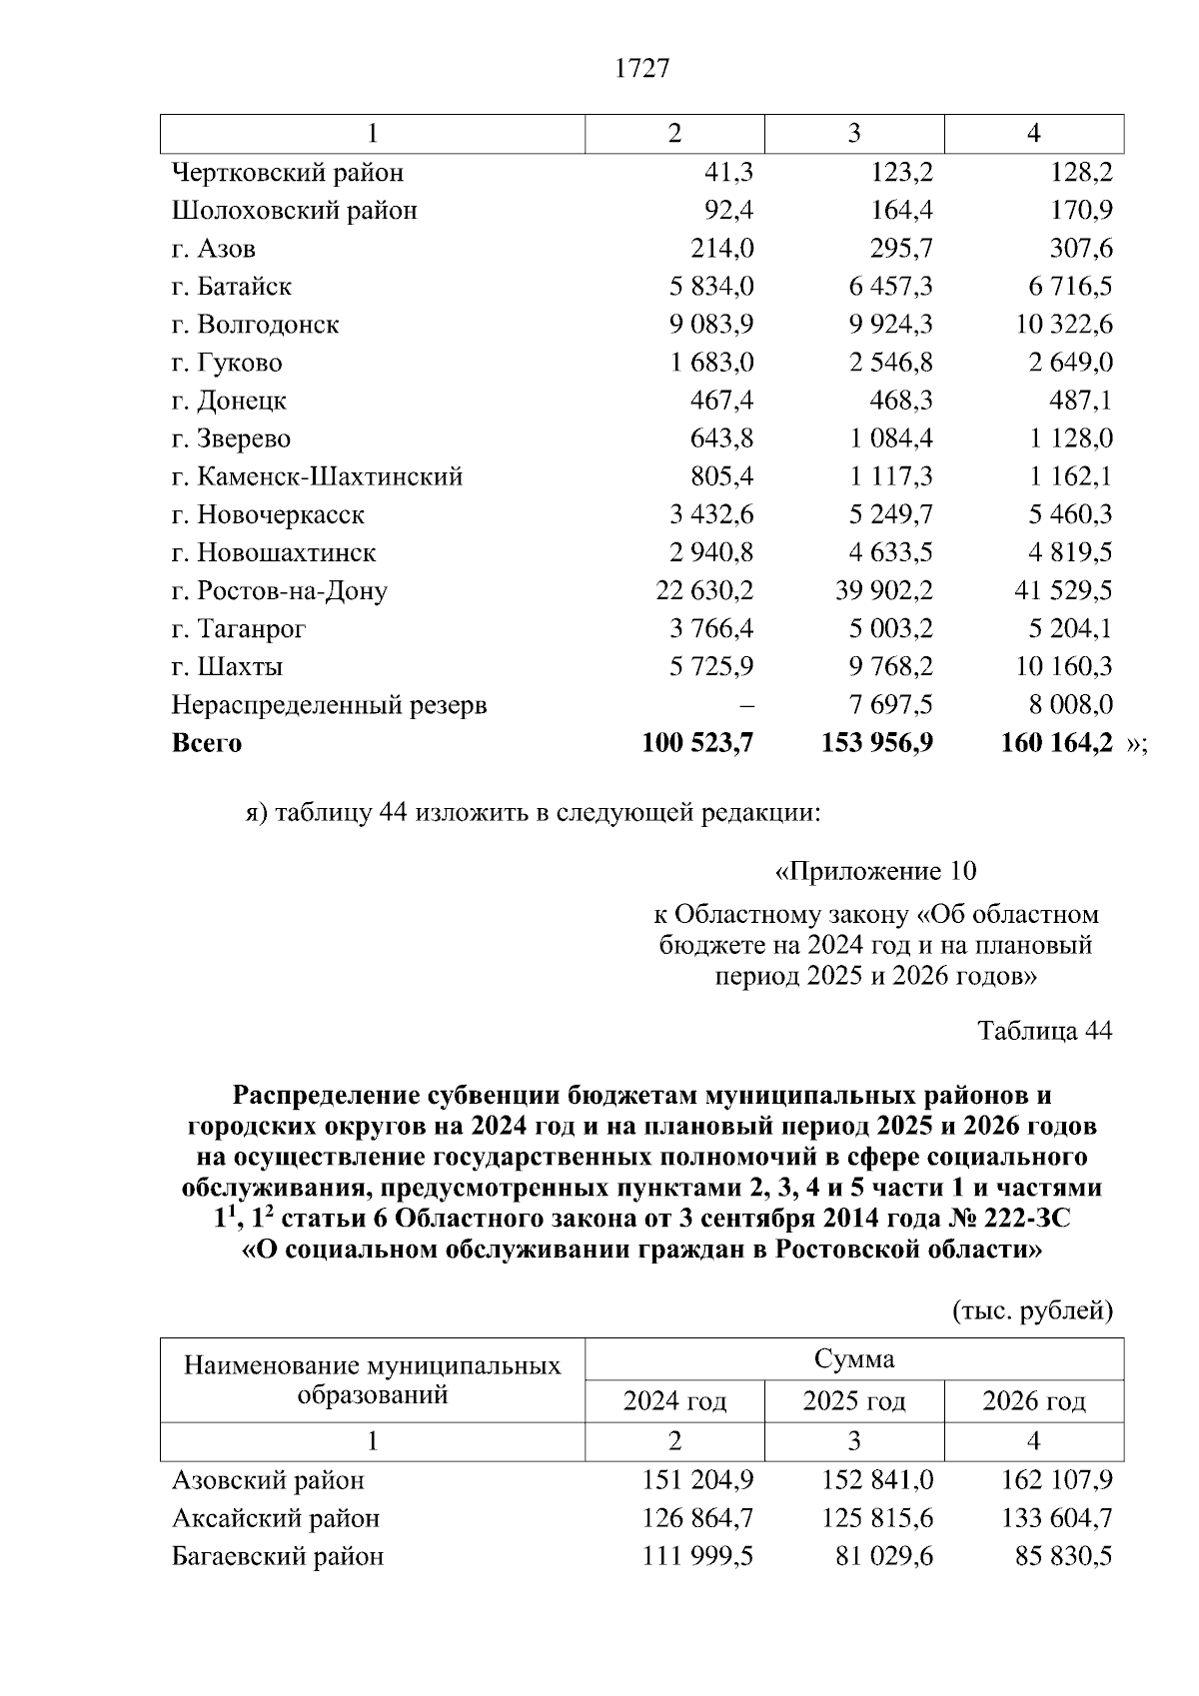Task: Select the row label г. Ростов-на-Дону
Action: point(279,591)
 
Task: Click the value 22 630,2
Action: point(704,591)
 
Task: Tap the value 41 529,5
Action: point(1063,591)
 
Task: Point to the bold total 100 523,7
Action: point(697,743)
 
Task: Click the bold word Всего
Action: point(207,744)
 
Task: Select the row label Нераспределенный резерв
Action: point(329,706)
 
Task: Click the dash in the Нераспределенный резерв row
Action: point(745,706)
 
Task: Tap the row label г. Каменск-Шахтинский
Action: point(317,477)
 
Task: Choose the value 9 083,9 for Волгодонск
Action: point(711,325)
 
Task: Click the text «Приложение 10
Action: point(875,872)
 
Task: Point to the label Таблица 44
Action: point(1044,1031)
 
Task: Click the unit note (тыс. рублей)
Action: point(1032,1310)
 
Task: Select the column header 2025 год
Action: point(853,1402)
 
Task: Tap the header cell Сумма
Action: point(853,1359)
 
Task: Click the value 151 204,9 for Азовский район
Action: point(697,1480)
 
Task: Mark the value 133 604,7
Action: point(1056,1519)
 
